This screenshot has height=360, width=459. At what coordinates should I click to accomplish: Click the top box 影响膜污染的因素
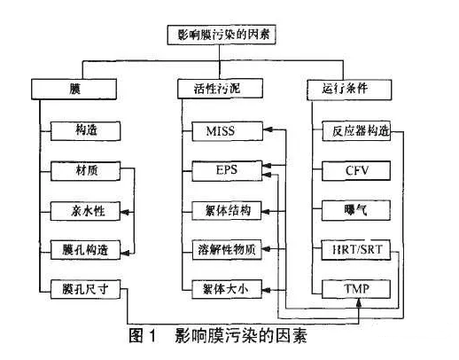(222, 35)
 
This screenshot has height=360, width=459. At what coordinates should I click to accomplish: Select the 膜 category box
(74, 89)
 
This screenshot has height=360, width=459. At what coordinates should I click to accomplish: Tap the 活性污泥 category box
(220, 89)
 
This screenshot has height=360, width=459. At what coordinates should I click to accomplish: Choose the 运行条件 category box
(349, 90)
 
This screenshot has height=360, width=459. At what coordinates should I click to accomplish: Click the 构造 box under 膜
(86, 131)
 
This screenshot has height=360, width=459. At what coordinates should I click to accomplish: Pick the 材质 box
(86, 171)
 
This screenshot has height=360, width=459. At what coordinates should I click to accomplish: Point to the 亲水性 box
(85, 211)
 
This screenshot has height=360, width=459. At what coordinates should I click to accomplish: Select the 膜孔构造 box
(86, 250)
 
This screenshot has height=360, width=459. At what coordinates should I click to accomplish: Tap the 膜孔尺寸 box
(86, 289)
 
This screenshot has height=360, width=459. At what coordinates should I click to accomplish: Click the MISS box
(228, 131)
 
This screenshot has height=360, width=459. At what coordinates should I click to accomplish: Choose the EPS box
(227, 171)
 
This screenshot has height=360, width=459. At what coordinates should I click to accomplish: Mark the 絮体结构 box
(227, 211)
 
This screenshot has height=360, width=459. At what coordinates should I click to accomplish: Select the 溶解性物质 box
(227, 250)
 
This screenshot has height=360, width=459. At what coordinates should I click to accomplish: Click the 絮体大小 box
(227, 289)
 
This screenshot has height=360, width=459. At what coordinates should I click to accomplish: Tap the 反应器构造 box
(356, 131)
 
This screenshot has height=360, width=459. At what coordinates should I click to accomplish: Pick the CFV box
(356, 171)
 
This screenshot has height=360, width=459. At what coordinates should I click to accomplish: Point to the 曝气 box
(356, 210)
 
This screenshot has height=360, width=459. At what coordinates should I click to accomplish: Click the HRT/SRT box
(356, 250)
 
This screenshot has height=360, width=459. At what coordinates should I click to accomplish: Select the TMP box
(356, 289)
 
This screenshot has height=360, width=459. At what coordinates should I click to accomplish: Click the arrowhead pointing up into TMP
(359, 302)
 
